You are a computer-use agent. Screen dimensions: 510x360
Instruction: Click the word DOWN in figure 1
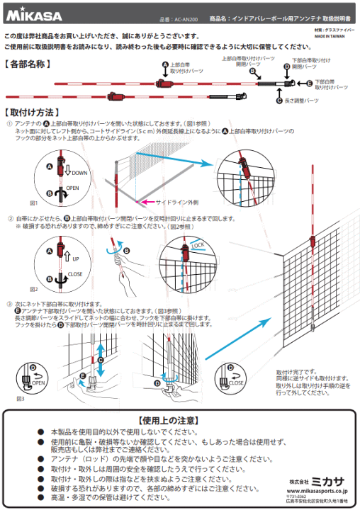pyautogui.click(x=78, y=172)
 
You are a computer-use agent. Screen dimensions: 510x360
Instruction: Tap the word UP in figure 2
pyautogui.click(x=73, y=261)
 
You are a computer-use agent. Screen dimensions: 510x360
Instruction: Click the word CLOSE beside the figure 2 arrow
pyautogui.click(x=76, y=273)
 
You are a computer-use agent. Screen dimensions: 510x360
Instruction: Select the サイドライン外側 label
pyautogui.click(x=166, y=202)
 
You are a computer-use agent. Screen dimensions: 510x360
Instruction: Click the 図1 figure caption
pyautogui.click(x=33, y=203)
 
